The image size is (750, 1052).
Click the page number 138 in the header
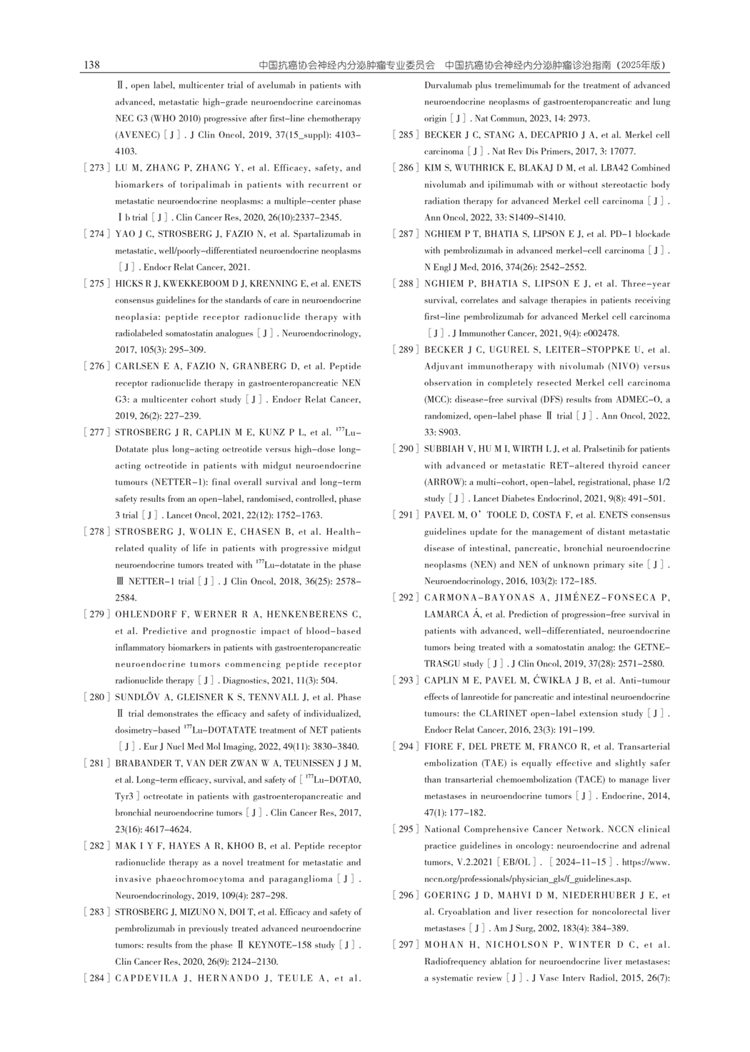click(x=91, y=65)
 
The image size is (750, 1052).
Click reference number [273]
click(x=96, y=169)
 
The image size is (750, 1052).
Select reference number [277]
click(x=96, y=433)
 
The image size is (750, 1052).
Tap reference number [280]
click(x=96, y=697)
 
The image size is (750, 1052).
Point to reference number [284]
click(x=96, y=978)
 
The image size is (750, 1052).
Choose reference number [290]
click(x=405, y=449)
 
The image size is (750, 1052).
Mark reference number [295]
click(x=405, y=829)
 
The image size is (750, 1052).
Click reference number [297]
click(x=405, y=945)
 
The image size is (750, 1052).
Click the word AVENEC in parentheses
click(x=138, y=135)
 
